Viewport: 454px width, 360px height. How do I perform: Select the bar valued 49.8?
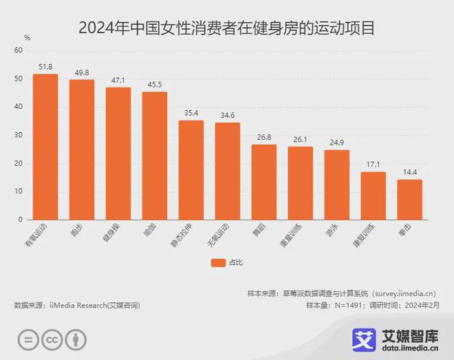(x=82, y=149)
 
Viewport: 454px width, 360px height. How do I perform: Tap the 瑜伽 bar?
(x=155, y=156)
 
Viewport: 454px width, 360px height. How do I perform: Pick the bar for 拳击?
(x=409, y=200)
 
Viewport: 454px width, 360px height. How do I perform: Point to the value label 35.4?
(x=191, y=113)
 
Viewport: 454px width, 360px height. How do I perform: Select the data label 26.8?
(x=263, y=137)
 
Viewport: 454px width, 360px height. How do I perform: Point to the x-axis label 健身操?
(x=114, y=233)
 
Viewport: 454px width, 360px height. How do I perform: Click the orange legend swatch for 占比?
(x=219, y=262)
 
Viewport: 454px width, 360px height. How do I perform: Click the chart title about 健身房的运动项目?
(x=227, y=28)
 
